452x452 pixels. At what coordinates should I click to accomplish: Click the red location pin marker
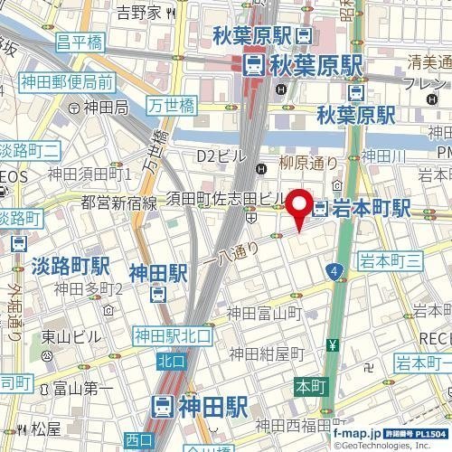tap(298, 209)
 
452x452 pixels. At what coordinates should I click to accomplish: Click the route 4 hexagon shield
tap(335, 270)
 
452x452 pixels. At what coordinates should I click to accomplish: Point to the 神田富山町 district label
tap(262, 313)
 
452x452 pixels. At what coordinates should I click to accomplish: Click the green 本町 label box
tap(307, 385)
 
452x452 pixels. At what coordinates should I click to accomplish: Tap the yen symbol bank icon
tap(333, 344)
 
